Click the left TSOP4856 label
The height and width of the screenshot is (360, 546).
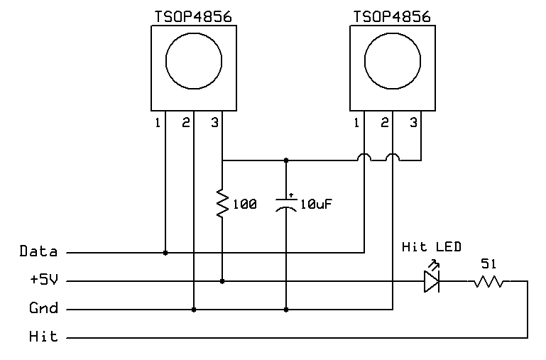[193, 17]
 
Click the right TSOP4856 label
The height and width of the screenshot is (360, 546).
[392, 17]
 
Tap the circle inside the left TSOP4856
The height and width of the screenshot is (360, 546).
[165, 61]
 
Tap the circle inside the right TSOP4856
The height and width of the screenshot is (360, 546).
[364, 61]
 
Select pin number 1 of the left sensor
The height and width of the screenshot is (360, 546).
[158, 123]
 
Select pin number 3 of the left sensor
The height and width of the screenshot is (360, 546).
[215, 123]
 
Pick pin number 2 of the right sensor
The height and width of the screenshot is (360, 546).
[384, 123]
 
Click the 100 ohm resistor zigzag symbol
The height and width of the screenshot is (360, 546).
[222, 203]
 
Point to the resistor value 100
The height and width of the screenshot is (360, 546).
[245, 204]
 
